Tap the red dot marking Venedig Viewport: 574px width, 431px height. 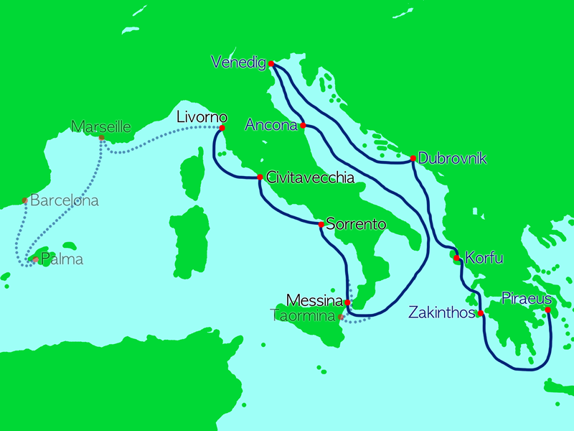(x=271, y=64)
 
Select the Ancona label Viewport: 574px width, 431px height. (x=271, y=126)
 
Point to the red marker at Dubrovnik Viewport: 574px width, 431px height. (x=413, y=158)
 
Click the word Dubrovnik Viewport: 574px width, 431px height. (x=452, y=158)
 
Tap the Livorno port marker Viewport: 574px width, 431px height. (x=222, y=129)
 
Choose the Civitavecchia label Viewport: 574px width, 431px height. (x=310, y=176)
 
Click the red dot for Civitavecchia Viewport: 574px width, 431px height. (x=260, y=177)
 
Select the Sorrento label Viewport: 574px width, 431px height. (x=356, y=224)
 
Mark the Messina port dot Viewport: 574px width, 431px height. (x=347, y=302)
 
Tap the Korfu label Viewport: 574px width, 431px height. (x=485, y=256)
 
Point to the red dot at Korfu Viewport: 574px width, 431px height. (x=456, y=257)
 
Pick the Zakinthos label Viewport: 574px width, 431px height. (x=442, y=312)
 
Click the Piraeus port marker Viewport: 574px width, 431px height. (x=547, y=310)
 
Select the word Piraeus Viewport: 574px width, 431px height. (x=527, y=297)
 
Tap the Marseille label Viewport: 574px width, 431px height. (x=101, y=127)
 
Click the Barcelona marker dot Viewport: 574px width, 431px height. (x=25, y=200)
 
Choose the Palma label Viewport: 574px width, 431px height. (x=62, y=259)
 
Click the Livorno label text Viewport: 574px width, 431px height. (x=202, y=116)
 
